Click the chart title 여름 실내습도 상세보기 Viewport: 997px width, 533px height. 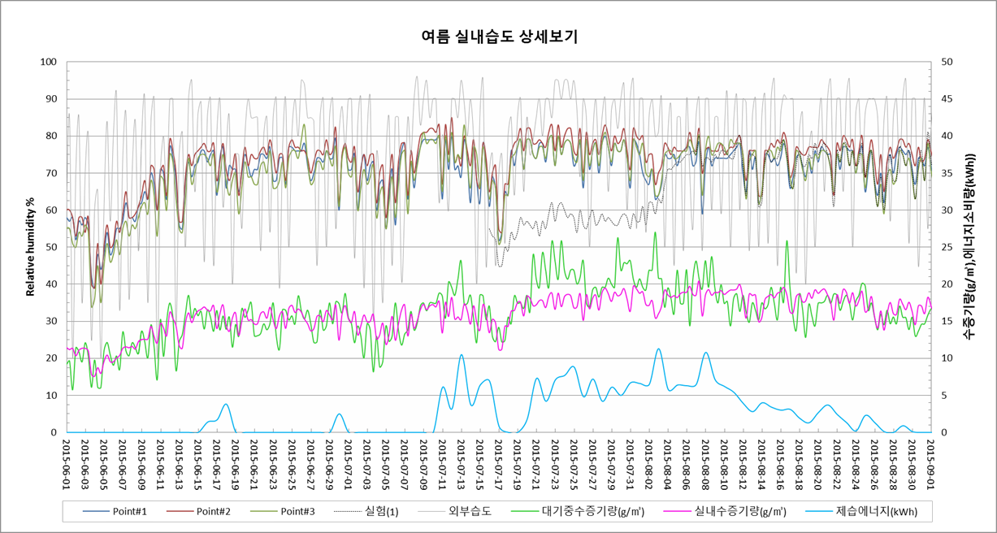pyautogui.click(x=499, y=37)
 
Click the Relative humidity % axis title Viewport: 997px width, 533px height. pyautogui.click(x=31, y=247)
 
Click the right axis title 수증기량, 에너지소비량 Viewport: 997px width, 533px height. pyautogui.click(x=968, y=247)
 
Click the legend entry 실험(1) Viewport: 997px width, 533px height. pyautogui.click(x=380, y=511)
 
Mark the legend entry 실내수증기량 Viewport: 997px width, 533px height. pyautogui.click(x=740, y=511)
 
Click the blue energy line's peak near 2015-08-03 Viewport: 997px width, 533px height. pyautogui.click(x=658, y=349)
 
